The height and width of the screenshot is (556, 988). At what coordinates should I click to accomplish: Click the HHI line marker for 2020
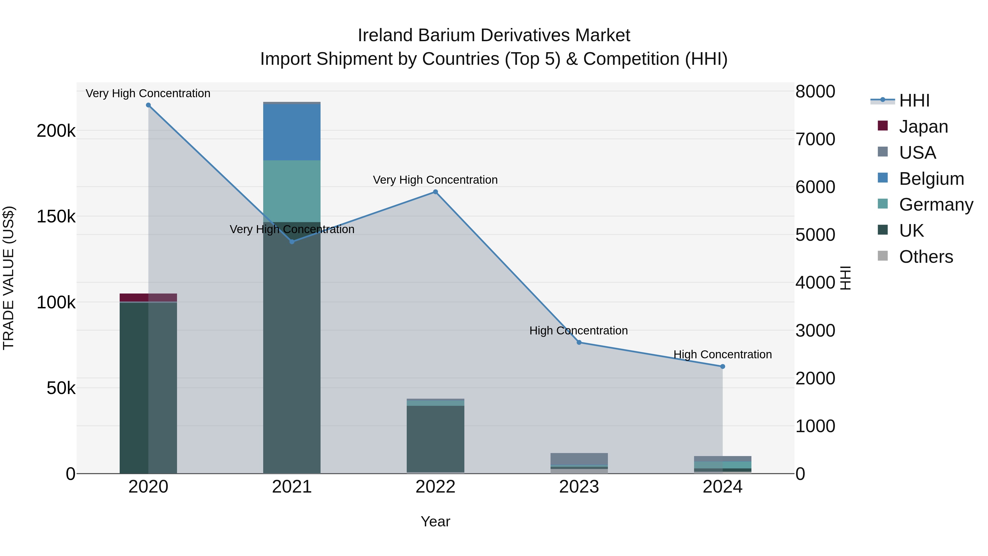point(148,105)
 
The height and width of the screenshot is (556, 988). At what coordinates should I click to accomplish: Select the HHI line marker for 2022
point(435,192)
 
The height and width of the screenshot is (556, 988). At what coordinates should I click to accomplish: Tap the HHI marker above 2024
point(723,367)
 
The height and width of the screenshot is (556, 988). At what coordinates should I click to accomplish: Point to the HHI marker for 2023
point(579,342)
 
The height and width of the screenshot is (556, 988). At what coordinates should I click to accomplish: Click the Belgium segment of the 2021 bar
point(292,132)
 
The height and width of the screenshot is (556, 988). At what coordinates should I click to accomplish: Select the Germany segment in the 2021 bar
point(292,191)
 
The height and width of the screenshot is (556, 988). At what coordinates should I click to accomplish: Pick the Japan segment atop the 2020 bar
point(148,297)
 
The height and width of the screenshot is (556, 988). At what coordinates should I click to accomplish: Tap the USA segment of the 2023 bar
point(579,459)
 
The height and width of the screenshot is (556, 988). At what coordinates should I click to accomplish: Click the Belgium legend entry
point(931,179)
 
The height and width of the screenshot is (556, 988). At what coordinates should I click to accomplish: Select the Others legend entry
point(925,257)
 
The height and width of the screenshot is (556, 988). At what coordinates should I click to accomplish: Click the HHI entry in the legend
point(914,100)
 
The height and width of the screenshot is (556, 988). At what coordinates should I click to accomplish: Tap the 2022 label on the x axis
point(435,487)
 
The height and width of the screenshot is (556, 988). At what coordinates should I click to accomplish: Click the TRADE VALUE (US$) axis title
point(9,278)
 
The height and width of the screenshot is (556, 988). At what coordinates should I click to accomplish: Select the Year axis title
point(435,521)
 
